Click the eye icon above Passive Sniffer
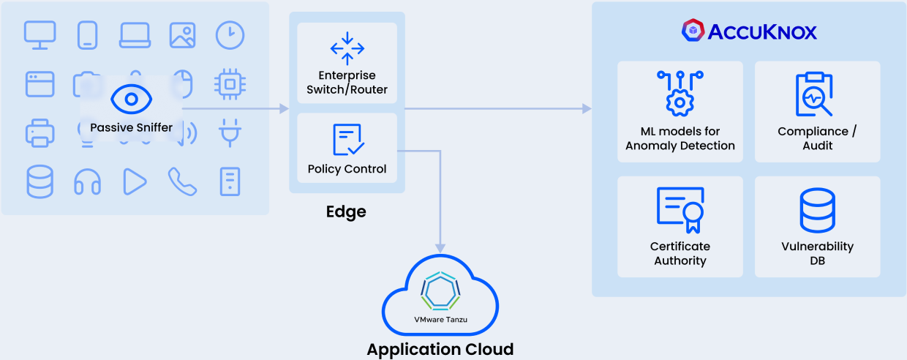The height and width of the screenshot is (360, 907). pos(131,99)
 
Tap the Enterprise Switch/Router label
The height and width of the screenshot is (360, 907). pos(347,83)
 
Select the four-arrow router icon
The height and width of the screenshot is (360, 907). pos(347,48)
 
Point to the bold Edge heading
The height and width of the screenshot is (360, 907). pos(346,212)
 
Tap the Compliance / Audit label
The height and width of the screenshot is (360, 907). pos(817,138)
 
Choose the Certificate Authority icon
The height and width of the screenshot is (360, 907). pos(680,210)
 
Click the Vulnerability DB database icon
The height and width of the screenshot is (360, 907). pos(817,210)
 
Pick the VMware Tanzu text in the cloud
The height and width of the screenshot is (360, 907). pos(440,320)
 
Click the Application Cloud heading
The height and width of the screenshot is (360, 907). pos(440,349)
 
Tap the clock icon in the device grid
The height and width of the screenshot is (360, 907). pos(230,35)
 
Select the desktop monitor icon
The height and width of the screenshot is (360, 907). pos(39,35)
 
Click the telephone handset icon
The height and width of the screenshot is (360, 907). pos(182,181)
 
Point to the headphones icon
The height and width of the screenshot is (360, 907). pos(87,181)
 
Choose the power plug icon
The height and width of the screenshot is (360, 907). pos(230,133)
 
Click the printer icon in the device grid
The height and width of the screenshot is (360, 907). pos(39,133)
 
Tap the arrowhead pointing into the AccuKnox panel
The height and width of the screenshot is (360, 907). pos(587,109)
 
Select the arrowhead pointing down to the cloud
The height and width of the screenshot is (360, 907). pos(440,247)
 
